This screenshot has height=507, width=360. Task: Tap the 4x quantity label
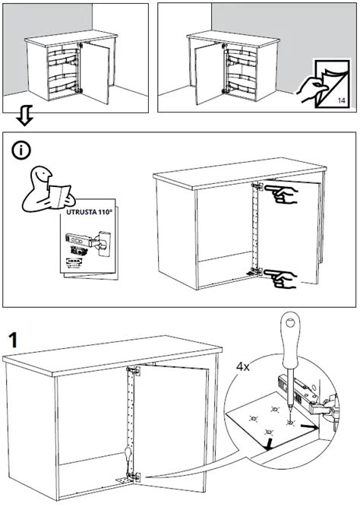tap(243, 366)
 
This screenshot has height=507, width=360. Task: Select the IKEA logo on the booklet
tap(76, 263)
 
